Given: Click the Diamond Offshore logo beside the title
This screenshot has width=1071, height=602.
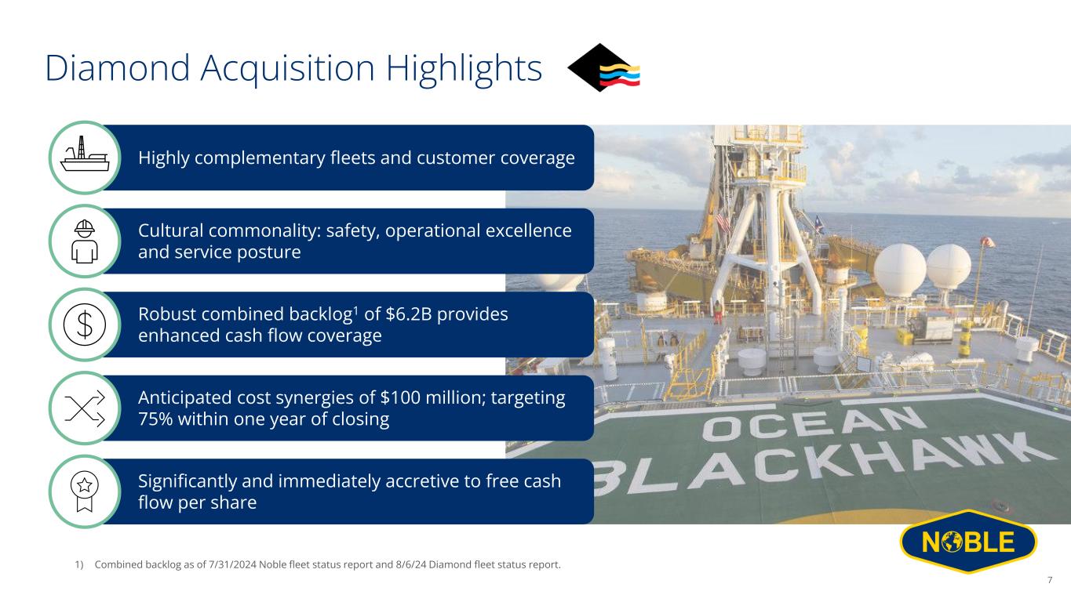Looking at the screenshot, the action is [603, 67].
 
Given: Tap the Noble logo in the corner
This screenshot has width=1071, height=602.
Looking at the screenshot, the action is [968, 542].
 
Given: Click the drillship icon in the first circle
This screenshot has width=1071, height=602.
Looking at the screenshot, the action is [85, 154].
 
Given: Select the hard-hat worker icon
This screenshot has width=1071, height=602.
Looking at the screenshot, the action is [85, 241].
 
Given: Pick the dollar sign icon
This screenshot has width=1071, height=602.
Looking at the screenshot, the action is [85, 325].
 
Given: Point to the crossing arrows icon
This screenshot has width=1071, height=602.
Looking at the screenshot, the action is [85, 408].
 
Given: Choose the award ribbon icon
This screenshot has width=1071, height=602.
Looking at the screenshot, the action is [85, 491].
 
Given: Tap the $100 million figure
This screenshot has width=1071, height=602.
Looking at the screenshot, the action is [425, 397].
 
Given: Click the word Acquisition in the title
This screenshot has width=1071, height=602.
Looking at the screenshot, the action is [287, 69].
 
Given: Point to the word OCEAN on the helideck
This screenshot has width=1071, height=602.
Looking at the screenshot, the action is [813, 423].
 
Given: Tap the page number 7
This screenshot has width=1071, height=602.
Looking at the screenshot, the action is [1050, 580].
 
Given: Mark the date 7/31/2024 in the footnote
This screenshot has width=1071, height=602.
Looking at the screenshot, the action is [232, 564].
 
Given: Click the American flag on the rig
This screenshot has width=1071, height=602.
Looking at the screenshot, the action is [723, 223].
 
